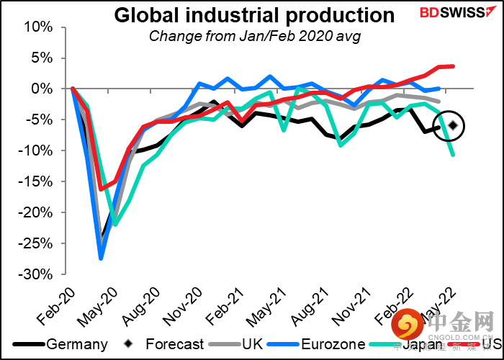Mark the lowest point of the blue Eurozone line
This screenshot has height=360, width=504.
coord(101,258)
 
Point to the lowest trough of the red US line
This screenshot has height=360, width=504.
coord(101,189)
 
